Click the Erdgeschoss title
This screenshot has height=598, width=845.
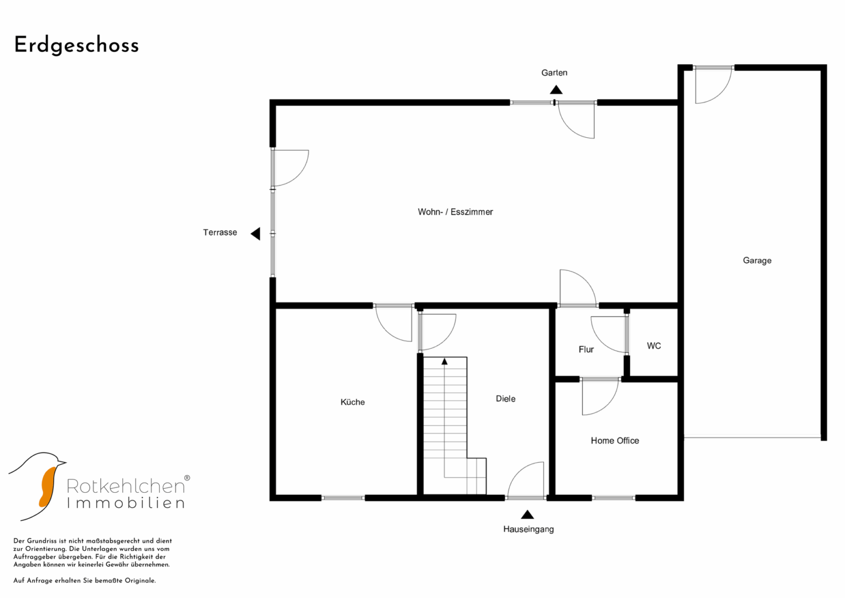pyautogui.click(x=76, y=45)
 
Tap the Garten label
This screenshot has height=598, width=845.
pyautogui.click(x=554, y=73)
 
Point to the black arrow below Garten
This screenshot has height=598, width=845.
pyautogui.click(x=556, y=90)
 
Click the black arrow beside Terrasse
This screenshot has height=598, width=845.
pyautogui.click(x=256, y=234)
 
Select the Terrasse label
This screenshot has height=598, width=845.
pyautogui.click(x=220, y=232)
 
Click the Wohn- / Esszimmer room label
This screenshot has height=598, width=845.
pyautogui.click(x=455, y=212)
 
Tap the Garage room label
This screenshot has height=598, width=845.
pyautogui.click(x=757, y=260)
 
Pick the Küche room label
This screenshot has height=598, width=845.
pyautogui.click(x=352, y=402)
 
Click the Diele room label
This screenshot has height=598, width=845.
pyautogui.click(x=505, y=399)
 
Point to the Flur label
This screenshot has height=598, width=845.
pyautogui.click(x=586, y=349)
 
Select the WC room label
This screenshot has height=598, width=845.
pyautogui.click(x=654, y=346)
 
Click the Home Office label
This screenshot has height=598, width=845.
pyautogui.click(x=615, y=441)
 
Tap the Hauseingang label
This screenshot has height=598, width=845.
pyautogui.click(x=528, y=529)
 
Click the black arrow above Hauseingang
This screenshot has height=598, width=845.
pyautogui.click(x=527, y=514)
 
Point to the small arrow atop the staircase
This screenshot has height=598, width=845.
pyautogui.click(x=444, y=362)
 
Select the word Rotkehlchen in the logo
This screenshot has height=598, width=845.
pyautogui.click(x=126, y=486)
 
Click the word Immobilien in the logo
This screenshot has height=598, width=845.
pyautogui.click(x=126, y=503)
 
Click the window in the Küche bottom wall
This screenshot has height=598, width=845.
pyautogui.click(x=343, y=498)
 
